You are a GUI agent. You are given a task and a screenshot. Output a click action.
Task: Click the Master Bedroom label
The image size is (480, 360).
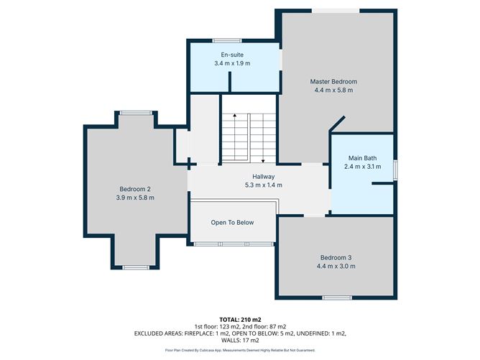click(x=333, y=81)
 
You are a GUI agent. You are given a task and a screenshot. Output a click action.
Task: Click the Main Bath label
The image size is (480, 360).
click(x=363, y=158)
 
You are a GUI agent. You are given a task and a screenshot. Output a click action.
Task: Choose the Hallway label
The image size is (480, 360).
click(x=263, y=176)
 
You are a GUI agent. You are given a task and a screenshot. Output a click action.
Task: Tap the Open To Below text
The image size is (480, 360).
click(x=232, y=222)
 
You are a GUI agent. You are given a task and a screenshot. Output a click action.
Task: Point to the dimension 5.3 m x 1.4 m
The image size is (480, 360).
click(x=263, y=185)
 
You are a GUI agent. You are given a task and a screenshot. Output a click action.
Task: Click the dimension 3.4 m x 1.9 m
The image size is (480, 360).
click(x=232, y=63)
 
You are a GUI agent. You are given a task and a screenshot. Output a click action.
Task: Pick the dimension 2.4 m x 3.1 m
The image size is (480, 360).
click(x=363, y=167)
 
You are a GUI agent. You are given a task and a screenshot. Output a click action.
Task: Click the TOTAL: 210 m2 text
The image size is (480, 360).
click(x=240, y=318)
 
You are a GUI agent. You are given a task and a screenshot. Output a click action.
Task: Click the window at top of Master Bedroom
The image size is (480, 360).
click(x=336, y=10)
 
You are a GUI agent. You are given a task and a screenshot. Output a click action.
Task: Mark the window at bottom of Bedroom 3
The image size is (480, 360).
click(x=336, y=297)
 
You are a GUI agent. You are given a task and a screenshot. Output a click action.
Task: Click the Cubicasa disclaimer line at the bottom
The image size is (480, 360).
click(x=240, y=350)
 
